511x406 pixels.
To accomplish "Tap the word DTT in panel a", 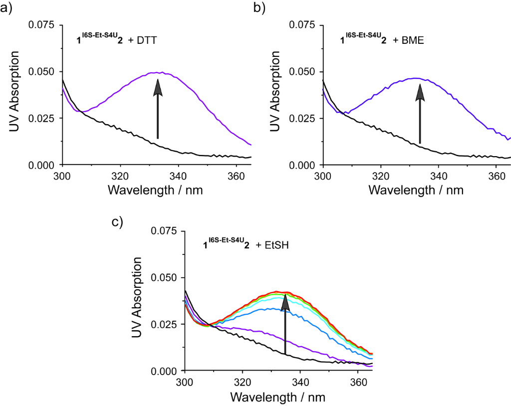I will click(147, 40).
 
